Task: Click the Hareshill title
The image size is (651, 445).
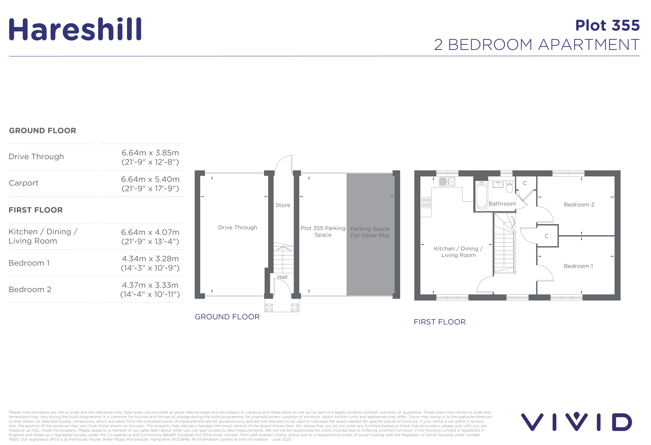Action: (x=75, y=29)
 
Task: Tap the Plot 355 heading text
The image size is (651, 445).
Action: (x=607, y=26)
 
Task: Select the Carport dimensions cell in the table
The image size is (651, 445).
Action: (x=150, y=184)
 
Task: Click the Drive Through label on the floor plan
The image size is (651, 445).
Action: (x=238, y=227)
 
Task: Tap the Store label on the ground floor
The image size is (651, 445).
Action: (x=283, y=205)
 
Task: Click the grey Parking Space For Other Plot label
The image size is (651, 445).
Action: (x=370, y=232)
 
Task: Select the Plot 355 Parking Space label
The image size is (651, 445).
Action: (x=323, y=232)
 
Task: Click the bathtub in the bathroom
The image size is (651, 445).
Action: (x=482, y=195)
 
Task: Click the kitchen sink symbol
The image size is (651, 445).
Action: (x=447, y=182)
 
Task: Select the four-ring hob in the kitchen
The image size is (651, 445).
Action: (x=426, y=202)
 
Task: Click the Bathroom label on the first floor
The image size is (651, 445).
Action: (x=502, y=204)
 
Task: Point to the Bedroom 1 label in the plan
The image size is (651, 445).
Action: (x=578, y=266)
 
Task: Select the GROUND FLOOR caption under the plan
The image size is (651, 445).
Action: (x=227, y=317)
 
